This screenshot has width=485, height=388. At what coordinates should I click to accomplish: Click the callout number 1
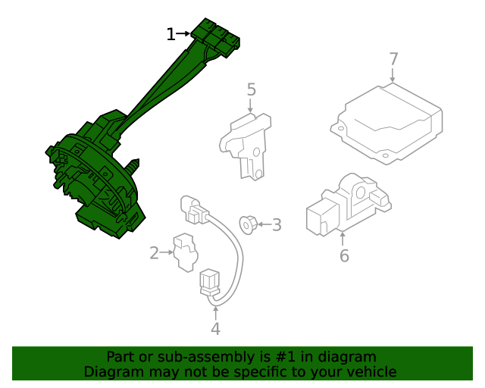[171, 34]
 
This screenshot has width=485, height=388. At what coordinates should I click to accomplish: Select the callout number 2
[155, 253]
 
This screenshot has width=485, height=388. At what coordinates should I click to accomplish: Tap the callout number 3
[277, 225]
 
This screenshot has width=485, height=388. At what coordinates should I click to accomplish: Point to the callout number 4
[215, 329]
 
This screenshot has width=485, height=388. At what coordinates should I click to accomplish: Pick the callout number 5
[251, 90]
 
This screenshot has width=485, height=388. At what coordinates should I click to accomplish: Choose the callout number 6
[344, 256]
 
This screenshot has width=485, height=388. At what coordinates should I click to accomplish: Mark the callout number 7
[393, 58]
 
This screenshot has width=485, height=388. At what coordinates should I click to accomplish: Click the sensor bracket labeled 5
[247, 145]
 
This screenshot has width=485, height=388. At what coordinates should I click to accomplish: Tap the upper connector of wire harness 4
[191, 209]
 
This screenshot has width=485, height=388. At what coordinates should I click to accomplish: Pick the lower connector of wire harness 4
[209, 284]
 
